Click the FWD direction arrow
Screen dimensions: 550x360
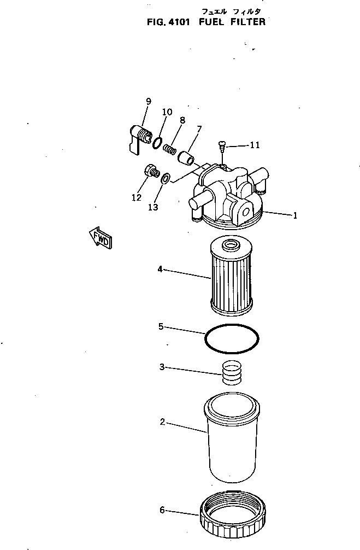click(101, 238)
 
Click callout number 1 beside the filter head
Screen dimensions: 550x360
click(295, 215)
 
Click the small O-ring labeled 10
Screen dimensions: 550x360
click(157, 143)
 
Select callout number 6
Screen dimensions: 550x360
click(162, 510)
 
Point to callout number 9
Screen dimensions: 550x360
click(148, 101)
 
